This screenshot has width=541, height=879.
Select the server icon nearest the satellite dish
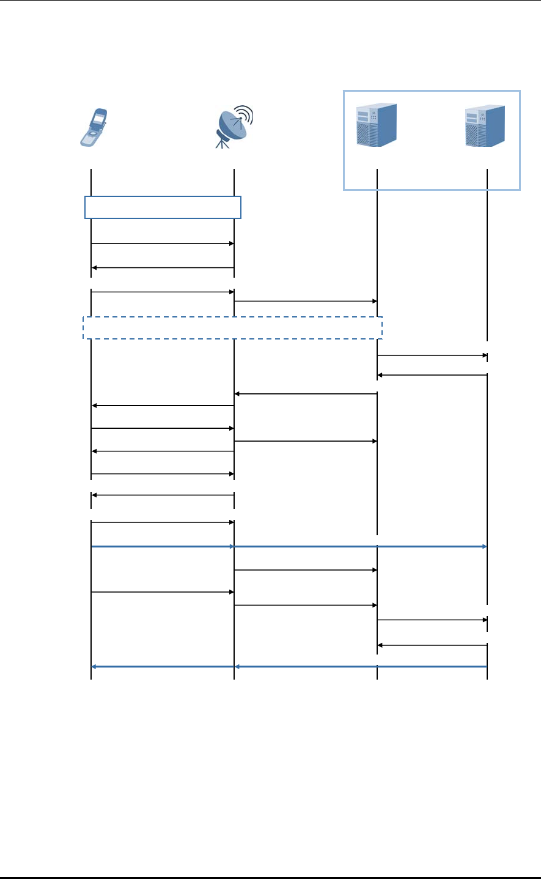click(x=377, y=125)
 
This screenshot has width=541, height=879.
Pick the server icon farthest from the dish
click(x=485, y=126)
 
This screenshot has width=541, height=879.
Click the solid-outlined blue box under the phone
click(x=163, y=207)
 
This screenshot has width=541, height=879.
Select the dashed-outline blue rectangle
click(x=232, y=327)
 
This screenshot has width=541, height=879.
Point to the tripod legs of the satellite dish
click(x=223, y=143)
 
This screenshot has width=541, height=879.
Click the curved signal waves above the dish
click(x=245, y=114)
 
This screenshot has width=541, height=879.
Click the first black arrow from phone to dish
click(x=163, y=243)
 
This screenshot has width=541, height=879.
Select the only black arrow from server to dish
click(x=306, y=394)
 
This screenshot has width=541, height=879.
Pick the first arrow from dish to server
click(x=306, y=301)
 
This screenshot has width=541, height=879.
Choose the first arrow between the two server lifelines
click(x=432, y=355)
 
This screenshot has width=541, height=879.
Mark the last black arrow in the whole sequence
click(x=432, y=645)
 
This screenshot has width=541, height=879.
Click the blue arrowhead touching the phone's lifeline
click(x=94, y=667)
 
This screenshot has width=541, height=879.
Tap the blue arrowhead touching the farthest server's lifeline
click(x=484, y=546)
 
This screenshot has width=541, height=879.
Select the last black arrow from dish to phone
click(x=163, y=495)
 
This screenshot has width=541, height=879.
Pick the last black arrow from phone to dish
click(x=163, y=592)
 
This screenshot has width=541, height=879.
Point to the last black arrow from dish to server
click(x=306, y=605)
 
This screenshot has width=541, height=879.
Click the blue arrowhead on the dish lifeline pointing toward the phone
click(x=237, y=667)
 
